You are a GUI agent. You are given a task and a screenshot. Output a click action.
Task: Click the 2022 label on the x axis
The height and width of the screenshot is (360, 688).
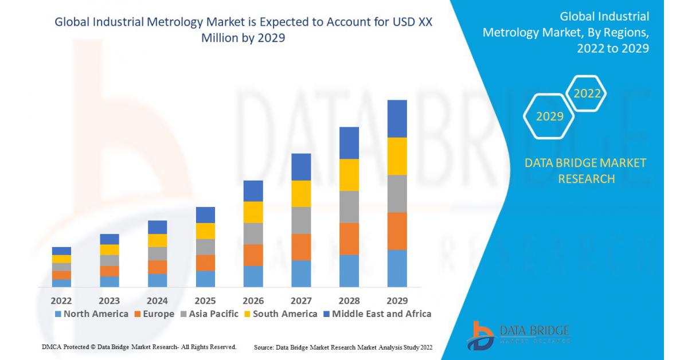[x=61, y=300]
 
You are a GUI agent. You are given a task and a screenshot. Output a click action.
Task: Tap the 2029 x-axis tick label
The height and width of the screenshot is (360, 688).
[x=397, y=300]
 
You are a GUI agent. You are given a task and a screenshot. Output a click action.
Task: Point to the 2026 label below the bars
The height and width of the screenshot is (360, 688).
[x=253, y=300]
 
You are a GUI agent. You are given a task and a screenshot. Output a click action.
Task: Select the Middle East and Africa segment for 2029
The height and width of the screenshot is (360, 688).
[x=397, y=119]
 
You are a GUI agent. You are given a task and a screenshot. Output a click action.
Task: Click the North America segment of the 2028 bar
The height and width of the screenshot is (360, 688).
[x=349, y=271]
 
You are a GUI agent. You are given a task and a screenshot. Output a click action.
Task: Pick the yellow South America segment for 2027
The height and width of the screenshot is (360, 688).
[x=301, y=194]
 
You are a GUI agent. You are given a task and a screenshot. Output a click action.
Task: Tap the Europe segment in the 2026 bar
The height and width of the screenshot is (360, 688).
[x=253, y=255]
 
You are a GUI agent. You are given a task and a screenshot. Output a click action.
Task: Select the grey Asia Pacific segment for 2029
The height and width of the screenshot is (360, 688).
[x=397, y=194]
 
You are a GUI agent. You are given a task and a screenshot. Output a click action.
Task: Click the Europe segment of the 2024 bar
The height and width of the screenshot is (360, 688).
[x=157, y=267]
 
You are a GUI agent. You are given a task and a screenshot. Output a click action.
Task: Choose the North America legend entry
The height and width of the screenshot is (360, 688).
[x=92, y=314]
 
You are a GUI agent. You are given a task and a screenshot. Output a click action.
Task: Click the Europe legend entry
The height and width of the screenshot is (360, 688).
[x=154, y=314]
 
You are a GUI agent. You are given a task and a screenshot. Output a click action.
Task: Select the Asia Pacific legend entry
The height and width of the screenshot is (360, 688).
[x=209, y=314]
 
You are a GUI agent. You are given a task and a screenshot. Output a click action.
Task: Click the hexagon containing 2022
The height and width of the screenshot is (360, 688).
[x=587, y=93]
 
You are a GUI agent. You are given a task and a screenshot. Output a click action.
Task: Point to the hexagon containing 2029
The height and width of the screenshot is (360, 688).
[x=549, y=116]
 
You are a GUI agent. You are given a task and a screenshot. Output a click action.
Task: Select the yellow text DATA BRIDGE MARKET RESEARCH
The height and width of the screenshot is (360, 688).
[x=585, y=171]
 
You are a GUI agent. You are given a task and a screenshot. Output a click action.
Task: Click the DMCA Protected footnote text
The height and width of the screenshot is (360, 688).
[x=139, y=347]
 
